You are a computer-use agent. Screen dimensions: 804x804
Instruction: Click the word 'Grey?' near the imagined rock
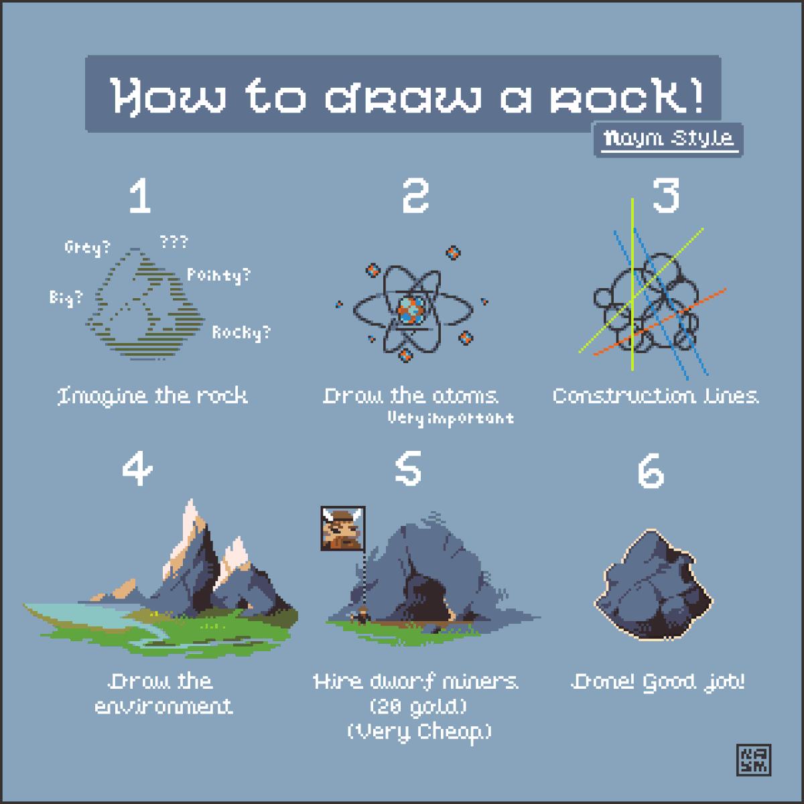tap(87, 247)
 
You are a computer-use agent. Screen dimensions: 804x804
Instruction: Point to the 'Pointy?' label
tap(218, 275)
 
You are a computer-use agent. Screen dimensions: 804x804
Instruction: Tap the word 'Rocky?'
tap(242, 333)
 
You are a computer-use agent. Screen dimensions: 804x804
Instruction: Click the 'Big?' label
tap(66, 298)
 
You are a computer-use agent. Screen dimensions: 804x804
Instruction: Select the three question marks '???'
tap(174, 242)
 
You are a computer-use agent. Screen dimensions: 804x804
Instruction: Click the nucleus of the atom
tap(411, 310)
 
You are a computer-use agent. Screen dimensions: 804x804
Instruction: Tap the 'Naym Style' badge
tap(669, 140)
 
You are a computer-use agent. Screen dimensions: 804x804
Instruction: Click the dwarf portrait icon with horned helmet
tap(343, 528)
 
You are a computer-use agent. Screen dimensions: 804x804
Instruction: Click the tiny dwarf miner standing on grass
tap(362, 616)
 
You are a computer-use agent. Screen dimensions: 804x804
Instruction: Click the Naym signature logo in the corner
tap(754, 760)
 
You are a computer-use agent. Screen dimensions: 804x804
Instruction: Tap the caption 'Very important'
tap(451, 419)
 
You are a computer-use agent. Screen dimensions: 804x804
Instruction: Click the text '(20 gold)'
tap(418, 706)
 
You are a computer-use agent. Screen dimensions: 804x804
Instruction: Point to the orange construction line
tap(660, 322)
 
